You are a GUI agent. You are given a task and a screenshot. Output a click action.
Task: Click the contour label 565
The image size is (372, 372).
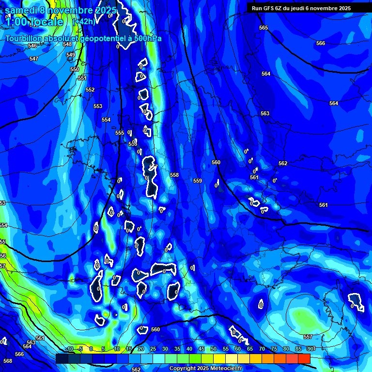pyautogui.click(x=263, y=28)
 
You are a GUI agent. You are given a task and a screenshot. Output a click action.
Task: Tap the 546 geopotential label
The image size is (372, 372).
pyautogui.click(x=32, y=46)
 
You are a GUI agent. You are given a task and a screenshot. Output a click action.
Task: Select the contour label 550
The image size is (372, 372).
pyautogui.click(x=74, y=69)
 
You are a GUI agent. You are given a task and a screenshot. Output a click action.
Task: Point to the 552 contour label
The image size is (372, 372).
pyautogui.click(x=90, y=90)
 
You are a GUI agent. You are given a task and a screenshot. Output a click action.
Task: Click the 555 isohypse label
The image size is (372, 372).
pyautogui.click(x=120, y=133)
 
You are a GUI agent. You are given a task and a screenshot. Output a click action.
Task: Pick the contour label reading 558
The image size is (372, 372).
pyautogui.click(x=174, y=175)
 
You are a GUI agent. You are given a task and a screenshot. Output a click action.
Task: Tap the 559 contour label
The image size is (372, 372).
pyautogui.click(x=198, y=181)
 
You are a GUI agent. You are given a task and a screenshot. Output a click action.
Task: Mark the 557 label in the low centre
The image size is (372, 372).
pyautogui.click(x=308, y=337)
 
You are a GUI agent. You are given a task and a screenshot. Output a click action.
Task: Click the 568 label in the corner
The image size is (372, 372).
pyautogui.click(x=7, y=361)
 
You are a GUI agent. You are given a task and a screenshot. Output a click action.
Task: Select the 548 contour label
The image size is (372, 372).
pyautogui.click(x=67, y=44)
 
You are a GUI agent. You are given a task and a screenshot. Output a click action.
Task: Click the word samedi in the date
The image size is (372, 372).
pyautogui.click(x=23, y=10)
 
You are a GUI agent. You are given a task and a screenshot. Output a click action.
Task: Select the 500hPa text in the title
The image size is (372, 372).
pyautogui.click(x=147, y=38)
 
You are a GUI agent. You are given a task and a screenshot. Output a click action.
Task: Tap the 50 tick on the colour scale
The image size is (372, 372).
pyautogui.click(x=213, y=349)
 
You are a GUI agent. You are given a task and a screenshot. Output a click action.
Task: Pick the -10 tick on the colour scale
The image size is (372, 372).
pyautogui.click(x=69, y=349)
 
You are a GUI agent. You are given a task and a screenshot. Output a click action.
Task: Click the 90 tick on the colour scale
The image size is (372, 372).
pyautogui.click(x=310, y=349)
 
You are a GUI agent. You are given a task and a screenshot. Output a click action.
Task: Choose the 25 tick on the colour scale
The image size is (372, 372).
pyautogui.click(x=153, y=349)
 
